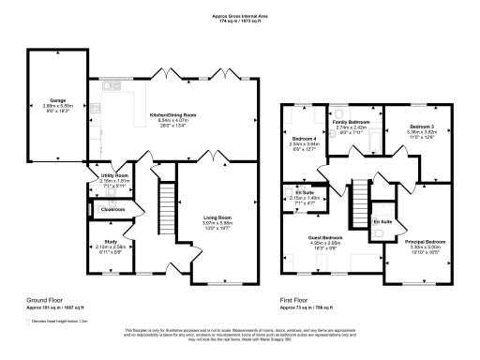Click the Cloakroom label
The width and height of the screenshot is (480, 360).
pos(112,209)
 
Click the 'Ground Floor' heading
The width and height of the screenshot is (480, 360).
pos(46,300)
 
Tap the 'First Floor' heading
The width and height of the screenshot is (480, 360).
pos(295,300)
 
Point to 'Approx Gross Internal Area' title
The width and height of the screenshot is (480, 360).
pos(240,16)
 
